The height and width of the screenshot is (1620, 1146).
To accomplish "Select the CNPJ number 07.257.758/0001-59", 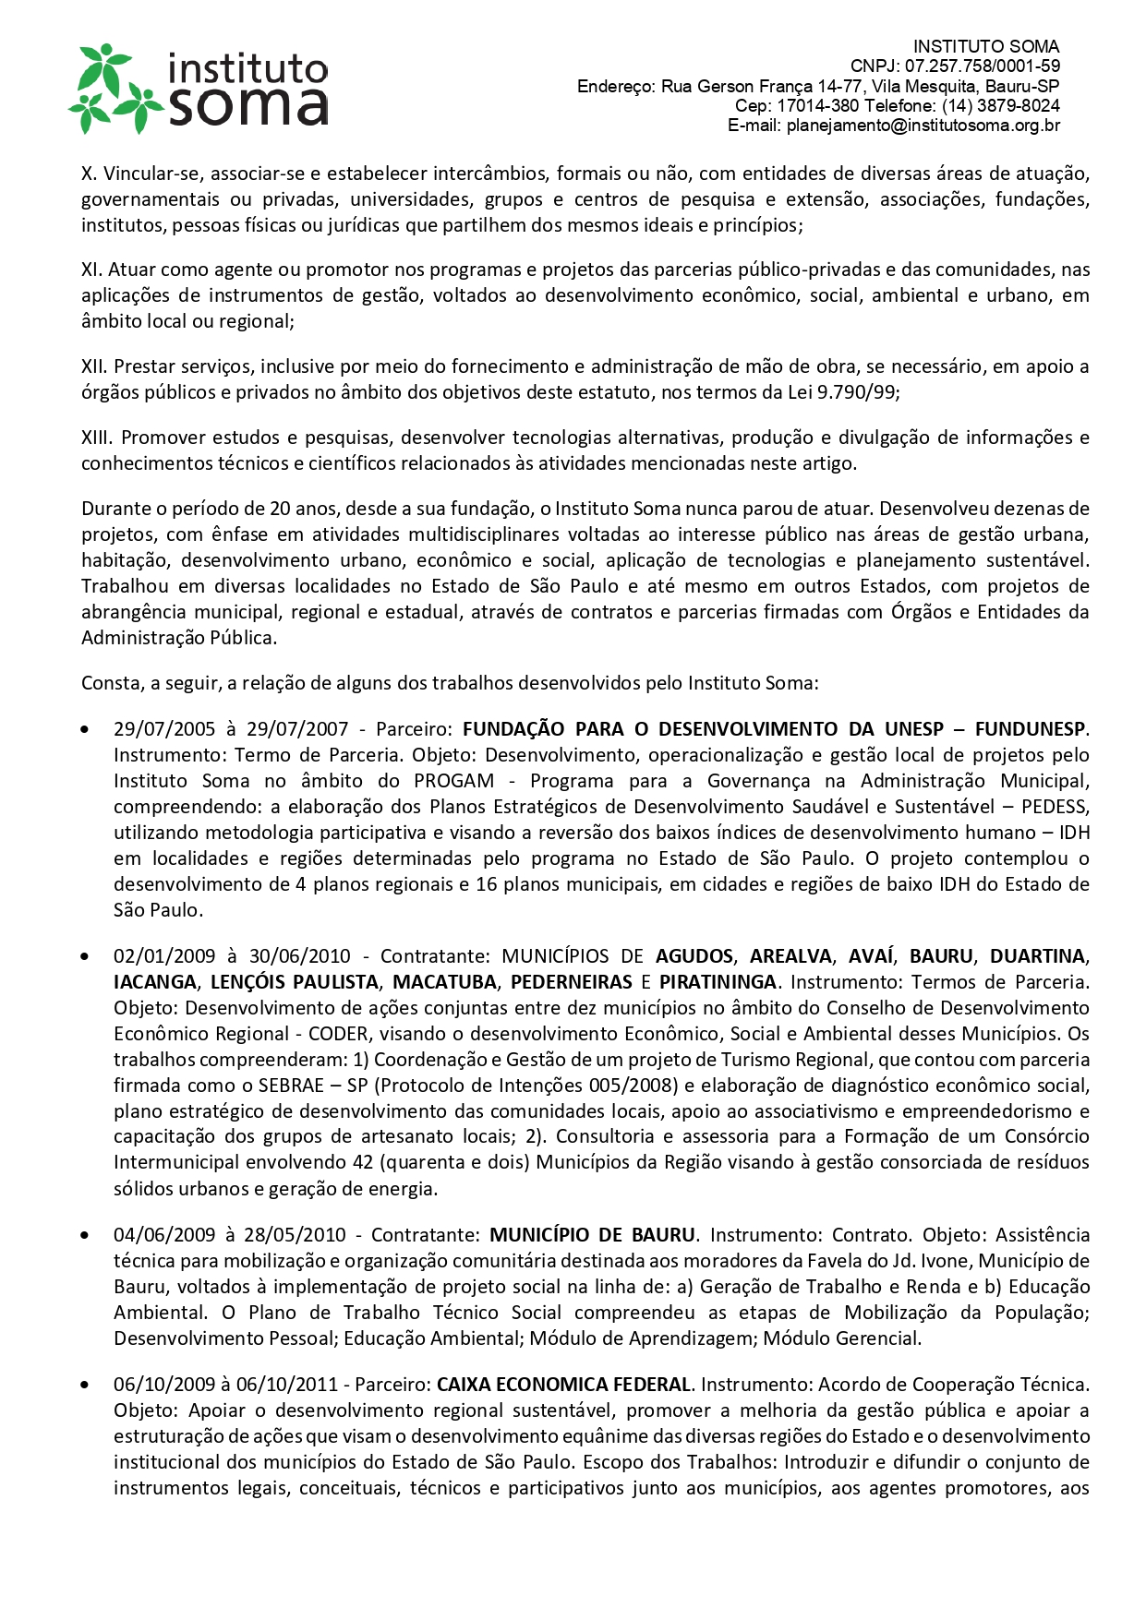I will coord(982,66).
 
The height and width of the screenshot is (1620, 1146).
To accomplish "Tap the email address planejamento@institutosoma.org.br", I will coord(923,126).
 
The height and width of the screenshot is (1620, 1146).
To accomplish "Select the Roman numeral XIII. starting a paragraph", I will coord(98,438).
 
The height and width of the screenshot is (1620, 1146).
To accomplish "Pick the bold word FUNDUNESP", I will coord(1030,729).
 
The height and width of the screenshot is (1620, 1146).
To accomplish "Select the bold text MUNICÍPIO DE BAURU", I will coord(592,1235).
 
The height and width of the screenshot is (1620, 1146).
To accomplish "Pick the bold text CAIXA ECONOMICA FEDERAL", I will coord(563,1385).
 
